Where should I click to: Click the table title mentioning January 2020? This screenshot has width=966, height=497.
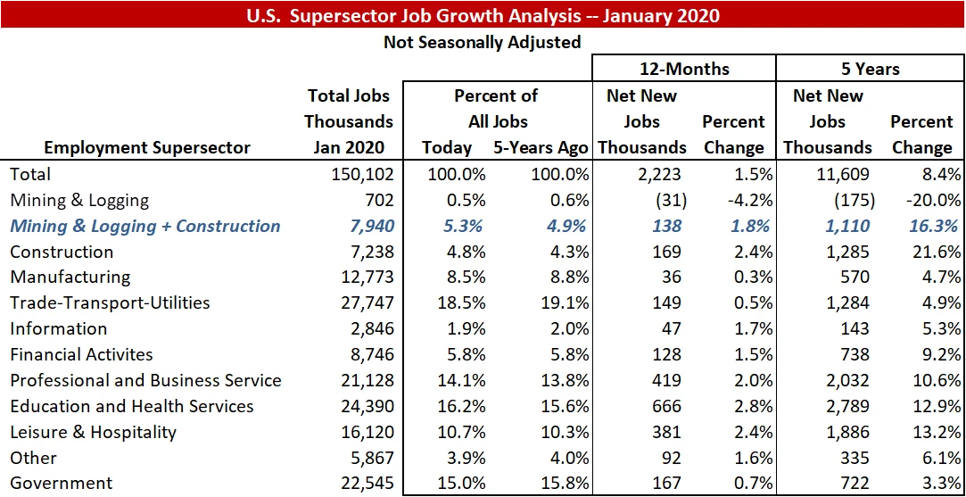(x=483, y=15)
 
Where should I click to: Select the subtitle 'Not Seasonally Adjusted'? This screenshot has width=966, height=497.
(x=482, y=42)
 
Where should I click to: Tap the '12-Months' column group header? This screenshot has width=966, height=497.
(x=684, y=69)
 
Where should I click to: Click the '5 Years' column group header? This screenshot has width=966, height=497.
(x=870, y=69)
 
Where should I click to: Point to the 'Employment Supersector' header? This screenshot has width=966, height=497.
(x=147, y=147)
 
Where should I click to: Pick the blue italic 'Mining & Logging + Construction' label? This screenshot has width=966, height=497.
(x=145, y=227)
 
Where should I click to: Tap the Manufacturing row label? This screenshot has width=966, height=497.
(x=70, y=277)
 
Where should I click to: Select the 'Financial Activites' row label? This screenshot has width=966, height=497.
(x=82, y=355)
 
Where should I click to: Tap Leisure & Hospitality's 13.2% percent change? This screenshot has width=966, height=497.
(x=929, y=432)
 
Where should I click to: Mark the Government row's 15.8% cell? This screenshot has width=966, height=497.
(x=564, y=484)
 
